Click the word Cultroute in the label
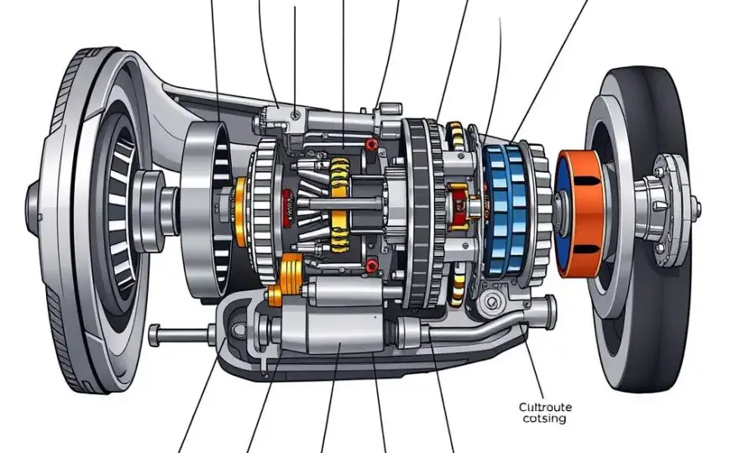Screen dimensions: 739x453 pyautogui.click(x=545, y=407)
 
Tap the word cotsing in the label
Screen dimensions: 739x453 pyautogui.click(x=544, y=419)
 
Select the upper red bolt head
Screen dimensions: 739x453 pyautogui.click(x=372, y=144)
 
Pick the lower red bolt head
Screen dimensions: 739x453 pyautogui.click(x=372, y=266)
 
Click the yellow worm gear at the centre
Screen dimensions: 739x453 pyautogui.click(x=340, y=204)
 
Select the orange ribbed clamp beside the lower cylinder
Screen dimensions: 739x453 pyautogui.click(x=286, y=278)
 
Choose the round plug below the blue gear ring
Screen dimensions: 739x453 pyautogui.click(x=492, y=302)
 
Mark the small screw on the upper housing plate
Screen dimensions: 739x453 pyautogui.click(x=295, y=114)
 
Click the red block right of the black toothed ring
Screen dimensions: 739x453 pyautogui.click(x=458, y=206)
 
